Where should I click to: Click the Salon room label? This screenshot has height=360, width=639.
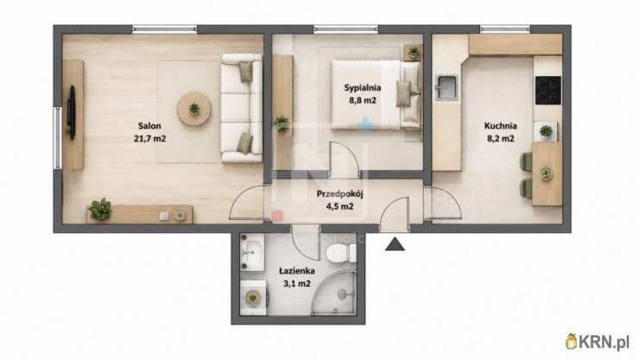tap(149, 126)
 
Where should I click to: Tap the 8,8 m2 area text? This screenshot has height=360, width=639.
tap(363, 100)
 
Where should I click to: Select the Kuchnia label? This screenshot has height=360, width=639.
tap(501, 126)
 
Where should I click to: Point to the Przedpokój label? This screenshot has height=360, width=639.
tap(340, 194)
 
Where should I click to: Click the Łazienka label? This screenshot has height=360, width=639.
tap(297, 271)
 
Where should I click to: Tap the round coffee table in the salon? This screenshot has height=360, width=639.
tap(194, 109)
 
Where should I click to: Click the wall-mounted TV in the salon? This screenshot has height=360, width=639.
tap(72, 113)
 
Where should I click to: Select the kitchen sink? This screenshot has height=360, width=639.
tap(446, 87)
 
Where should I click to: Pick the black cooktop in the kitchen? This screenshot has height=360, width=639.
tap(547, 91)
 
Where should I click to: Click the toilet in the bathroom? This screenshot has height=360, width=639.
tap(341, 253)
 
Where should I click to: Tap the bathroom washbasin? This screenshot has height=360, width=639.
tap(252, 252)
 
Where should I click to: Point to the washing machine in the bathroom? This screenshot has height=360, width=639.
tap(254, 298)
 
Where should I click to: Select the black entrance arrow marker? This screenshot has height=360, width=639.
tap(395, 244)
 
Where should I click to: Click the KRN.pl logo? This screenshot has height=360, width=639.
tap(598, 342)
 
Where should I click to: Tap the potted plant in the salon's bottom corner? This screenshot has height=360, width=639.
tap(100, 209)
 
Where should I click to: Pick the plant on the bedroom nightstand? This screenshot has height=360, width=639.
tap(414, 52)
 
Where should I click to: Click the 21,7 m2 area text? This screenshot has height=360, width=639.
tap(149, 138)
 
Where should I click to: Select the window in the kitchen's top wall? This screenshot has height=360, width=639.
tap(504, 28)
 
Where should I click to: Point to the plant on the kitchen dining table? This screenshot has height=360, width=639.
tap(546, 174)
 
